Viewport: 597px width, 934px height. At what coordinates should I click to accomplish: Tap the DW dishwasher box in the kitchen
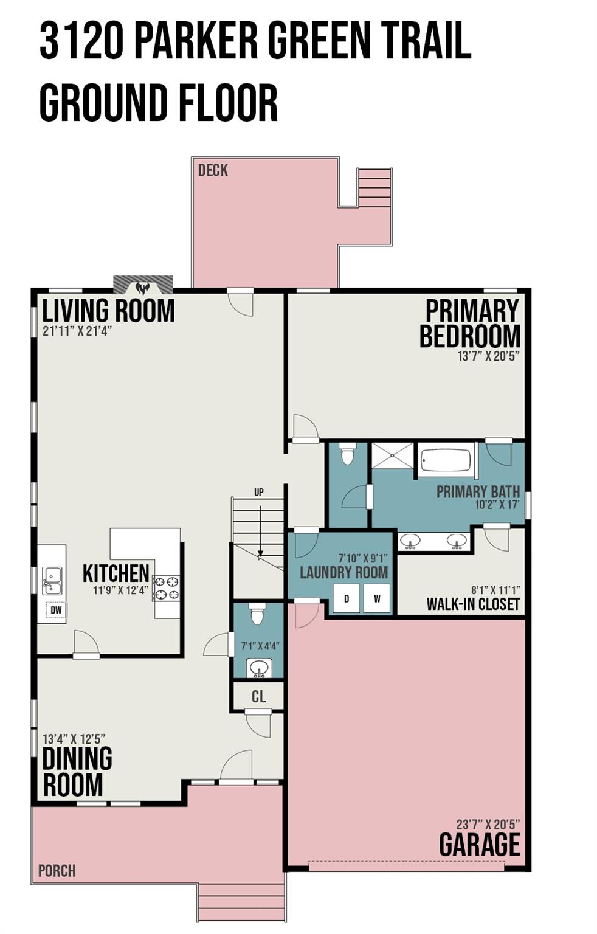[x=56, y=611]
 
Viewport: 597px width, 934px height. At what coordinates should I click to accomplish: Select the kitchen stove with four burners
[x=167, y=588]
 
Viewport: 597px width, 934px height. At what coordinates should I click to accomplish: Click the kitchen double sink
[x=52, y=581]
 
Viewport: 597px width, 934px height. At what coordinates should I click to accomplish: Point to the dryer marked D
[x=347, y=598]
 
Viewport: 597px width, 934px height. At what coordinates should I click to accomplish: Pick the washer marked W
[x=377, y=598]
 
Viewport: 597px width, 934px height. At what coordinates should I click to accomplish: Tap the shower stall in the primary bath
[x=392, y=455]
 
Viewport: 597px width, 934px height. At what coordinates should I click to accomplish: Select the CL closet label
[x=258, y=696]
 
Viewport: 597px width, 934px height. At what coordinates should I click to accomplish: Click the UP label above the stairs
[x=259, y=493]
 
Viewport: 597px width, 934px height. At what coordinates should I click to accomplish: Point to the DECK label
[x=213, y=170]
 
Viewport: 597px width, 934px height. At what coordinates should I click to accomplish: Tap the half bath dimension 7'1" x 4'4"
[x=260, y=646]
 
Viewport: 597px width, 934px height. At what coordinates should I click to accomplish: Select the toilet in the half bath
[x=257, y=614]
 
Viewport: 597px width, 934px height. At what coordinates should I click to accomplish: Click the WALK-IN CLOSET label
[x=473, y=604]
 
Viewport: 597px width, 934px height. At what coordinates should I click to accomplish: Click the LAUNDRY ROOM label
[x=344, y=573]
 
